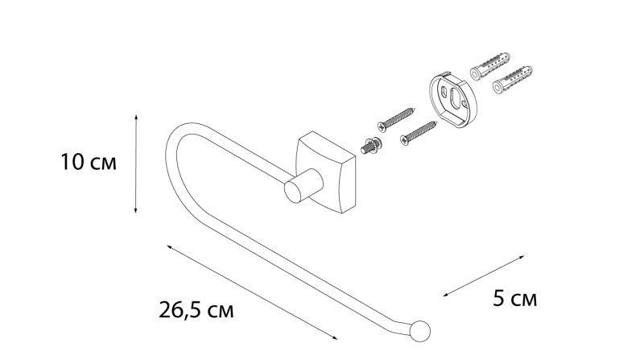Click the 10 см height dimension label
click(x=89, y=162)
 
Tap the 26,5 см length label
click(x=196, y=310)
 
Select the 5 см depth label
click(x=515, y=298)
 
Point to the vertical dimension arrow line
click(x=136, y=164)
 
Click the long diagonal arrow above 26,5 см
click(x=252, y=292)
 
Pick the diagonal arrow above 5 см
click(x=484, y=275)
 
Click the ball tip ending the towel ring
click(x=419, y=331)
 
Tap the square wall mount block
click(x=326, y=172)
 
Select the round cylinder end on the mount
click(x=294, y=192)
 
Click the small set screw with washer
click(x=371, y=147)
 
